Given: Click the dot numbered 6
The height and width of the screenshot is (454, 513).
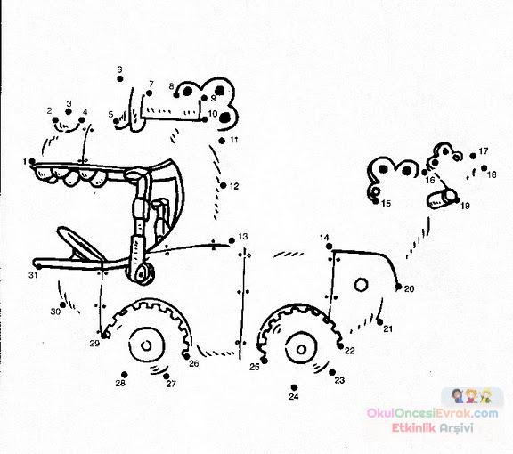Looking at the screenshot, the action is click(120, 79).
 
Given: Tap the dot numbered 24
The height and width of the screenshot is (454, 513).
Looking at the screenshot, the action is click(294, 387).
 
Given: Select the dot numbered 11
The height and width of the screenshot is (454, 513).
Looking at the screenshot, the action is click(222, 141).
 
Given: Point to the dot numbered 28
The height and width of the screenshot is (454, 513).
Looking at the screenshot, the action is click(125, 375).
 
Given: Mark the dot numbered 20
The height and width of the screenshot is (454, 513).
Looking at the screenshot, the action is click(398, 287).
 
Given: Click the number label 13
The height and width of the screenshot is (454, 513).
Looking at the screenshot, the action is click(243, 237).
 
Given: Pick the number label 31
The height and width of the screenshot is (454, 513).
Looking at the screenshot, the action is click(33, 275).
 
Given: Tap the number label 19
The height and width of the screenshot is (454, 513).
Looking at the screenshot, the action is click(465, 206).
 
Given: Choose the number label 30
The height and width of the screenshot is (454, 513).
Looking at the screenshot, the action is click(55, 312).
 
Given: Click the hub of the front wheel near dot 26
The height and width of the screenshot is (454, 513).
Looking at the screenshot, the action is click(146, 345).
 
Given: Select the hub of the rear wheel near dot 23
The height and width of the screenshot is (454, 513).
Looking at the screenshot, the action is click(301, 349).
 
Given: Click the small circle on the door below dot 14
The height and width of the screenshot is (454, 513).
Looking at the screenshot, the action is click(361, 285).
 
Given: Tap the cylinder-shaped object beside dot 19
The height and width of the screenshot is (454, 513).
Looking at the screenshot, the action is click(442, 199).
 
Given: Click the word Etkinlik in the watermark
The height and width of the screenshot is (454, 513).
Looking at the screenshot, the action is click(413, 428).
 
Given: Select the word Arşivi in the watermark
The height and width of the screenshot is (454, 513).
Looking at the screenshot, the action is click(457, 428).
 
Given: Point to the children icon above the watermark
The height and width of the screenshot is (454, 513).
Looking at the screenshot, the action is click(472, 396).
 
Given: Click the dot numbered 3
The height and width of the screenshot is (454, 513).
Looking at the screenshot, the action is click(69, 112).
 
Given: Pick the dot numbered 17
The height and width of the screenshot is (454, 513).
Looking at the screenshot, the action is click(473, 156).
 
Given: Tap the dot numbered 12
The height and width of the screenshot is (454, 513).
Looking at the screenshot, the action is click(224, 185).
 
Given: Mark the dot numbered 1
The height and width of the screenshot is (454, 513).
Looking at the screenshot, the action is click(32, 161).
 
